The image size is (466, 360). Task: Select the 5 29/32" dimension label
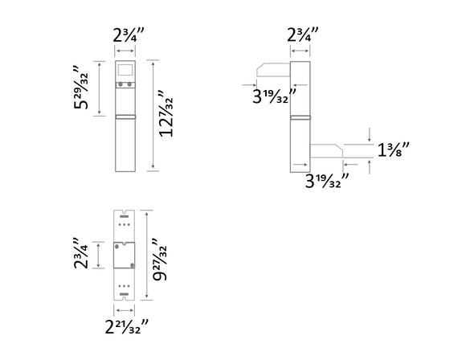(81, 88)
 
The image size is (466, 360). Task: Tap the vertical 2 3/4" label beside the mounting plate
(81, 254)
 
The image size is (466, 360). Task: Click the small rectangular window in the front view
(125, 68)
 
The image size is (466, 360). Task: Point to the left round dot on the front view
(121, 84)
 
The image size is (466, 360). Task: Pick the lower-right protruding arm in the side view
(325, 150)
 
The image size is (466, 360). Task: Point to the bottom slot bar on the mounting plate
(124, 295)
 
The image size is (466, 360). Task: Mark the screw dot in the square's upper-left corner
(117, 243)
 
